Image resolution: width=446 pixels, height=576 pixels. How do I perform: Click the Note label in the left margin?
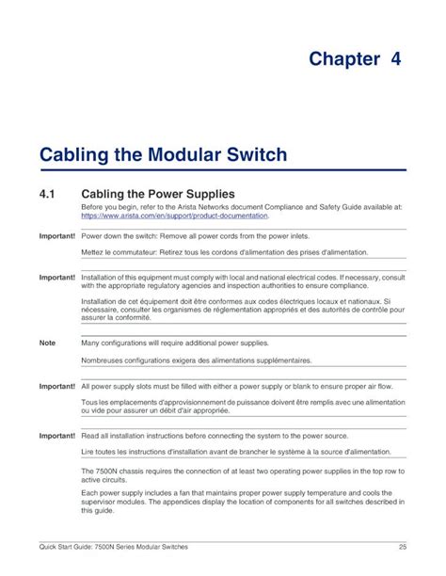coord(47,344)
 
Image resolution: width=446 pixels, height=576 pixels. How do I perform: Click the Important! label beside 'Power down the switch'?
coord(56,234)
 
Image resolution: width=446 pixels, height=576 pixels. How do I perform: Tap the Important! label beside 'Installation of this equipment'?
coord(56,279)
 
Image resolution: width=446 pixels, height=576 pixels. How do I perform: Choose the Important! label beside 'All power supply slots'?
coord(56,386)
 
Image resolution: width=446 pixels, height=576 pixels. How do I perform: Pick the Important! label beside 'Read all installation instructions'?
coord(56,437)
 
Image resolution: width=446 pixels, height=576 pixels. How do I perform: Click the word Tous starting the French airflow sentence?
coord(91,404)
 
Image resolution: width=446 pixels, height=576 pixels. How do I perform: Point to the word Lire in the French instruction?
coord(89,454)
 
